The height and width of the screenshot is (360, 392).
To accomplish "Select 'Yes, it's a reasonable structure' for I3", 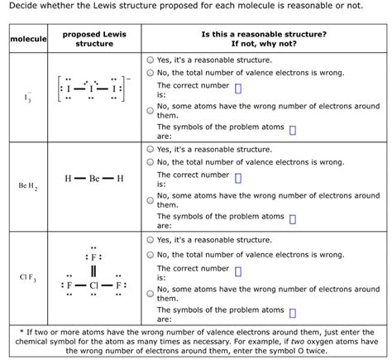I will tap(151, 60).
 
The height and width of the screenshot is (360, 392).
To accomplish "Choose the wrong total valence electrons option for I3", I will tap(151, 73).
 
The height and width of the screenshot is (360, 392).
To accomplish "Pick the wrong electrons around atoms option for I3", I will tap(151, 110).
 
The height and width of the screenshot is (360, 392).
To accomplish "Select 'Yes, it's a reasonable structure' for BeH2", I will tap(151, 150).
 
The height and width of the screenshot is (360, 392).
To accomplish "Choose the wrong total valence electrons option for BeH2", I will tap(151, 162).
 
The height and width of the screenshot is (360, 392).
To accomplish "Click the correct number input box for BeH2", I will tap(237, 179).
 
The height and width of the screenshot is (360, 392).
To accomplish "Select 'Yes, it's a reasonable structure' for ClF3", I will tap(151, 240).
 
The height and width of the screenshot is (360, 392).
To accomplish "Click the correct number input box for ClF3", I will tap(237, 270).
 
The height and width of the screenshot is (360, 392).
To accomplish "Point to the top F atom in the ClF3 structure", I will tap(94, 256).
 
